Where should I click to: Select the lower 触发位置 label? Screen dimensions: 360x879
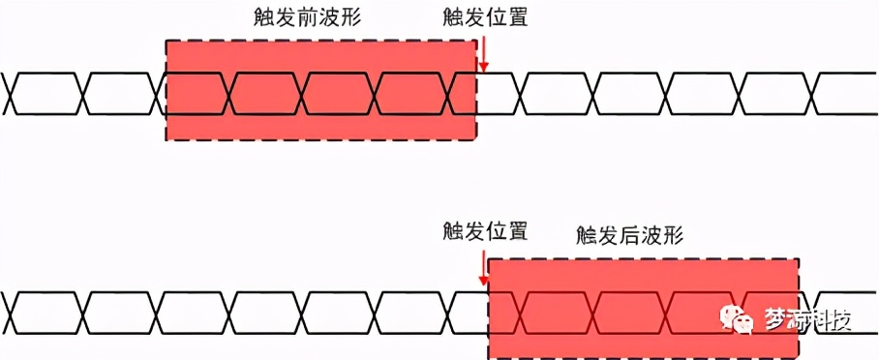point(485,231)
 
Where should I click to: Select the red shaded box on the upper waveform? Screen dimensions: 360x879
point(320,91)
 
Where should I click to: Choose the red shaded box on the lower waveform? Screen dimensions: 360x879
point(643,308)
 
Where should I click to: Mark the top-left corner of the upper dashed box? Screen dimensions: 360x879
point(167,42)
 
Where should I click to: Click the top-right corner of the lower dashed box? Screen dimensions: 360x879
point(800,258)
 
